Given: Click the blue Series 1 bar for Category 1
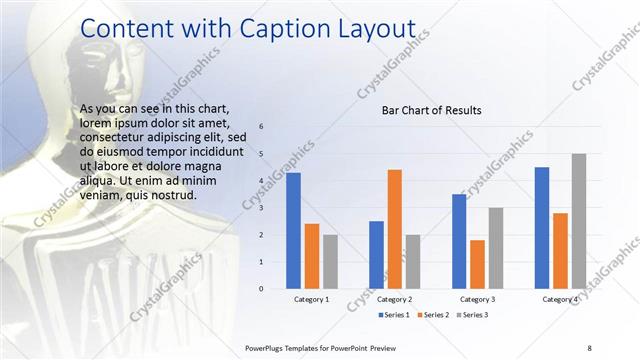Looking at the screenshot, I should click(x=293, y=231).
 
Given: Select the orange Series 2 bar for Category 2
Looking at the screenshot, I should click(x=394, y=229).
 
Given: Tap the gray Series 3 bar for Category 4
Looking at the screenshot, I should click(x=579, y=221).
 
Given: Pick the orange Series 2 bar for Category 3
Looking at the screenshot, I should click(x=477, y=264).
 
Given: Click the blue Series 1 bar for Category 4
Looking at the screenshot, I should click(x=542, y=228).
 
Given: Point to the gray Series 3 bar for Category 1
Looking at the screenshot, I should click(x=330, y=262).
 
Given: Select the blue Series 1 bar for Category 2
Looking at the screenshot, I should click(x=376, y=255).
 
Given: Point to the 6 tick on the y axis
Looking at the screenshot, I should click(x=261, y=127).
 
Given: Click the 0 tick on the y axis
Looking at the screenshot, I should click(x=261, y=289).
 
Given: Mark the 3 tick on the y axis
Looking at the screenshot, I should click(x=261, y=208).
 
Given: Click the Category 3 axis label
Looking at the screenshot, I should click(x=477, y=299).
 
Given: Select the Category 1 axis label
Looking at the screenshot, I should click(x=312, y=299).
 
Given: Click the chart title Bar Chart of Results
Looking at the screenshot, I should click(x=432, y=110).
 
